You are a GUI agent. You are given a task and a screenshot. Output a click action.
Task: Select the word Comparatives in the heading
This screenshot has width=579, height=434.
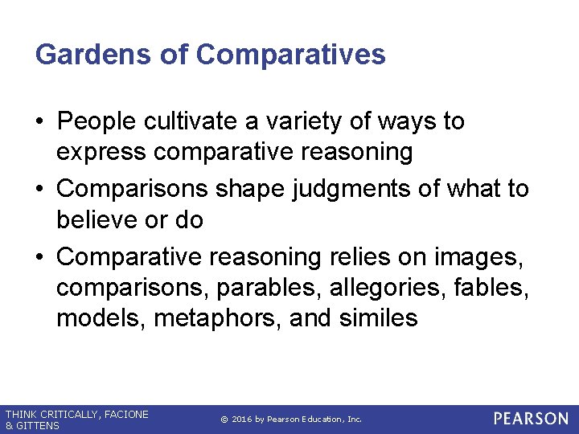pos(290,55)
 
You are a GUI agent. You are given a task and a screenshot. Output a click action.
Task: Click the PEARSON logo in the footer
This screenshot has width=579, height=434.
pos(531,419)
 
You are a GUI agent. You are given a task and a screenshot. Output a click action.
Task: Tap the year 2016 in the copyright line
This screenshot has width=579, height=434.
pos(244,420)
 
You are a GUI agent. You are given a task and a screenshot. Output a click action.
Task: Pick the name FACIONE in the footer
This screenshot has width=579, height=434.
pos(125,415)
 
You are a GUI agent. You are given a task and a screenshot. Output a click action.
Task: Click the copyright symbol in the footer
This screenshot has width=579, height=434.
pos(224,420)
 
